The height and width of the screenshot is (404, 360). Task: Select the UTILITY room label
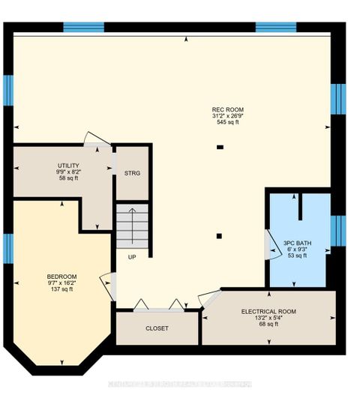click(x=69, y=165)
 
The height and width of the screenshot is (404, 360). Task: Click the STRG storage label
click(x=132, y=173)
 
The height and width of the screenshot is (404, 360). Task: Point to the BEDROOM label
click(x=61, y=276)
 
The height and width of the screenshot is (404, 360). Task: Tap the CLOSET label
click(x=157, y=328)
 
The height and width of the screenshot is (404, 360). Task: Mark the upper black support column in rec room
click(x=219, y=147)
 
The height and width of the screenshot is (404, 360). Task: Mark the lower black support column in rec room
click(x=218, y=236)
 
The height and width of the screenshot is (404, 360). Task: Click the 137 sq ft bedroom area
click(x=61, y=289)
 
